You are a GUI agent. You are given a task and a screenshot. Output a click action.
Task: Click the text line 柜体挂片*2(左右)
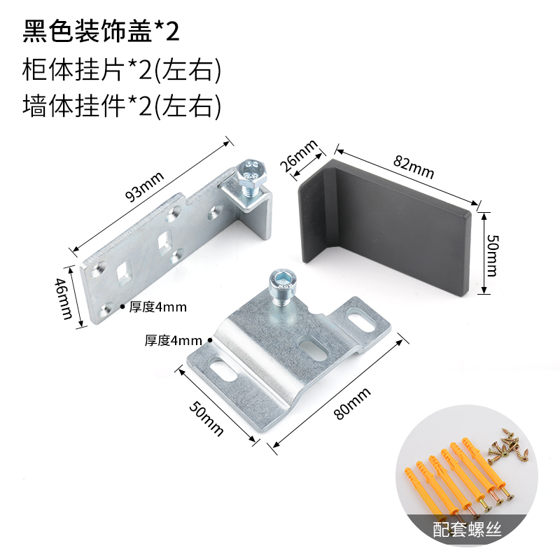[122, 70]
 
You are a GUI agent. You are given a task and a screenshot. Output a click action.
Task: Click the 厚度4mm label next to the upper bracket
[157, 306]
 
